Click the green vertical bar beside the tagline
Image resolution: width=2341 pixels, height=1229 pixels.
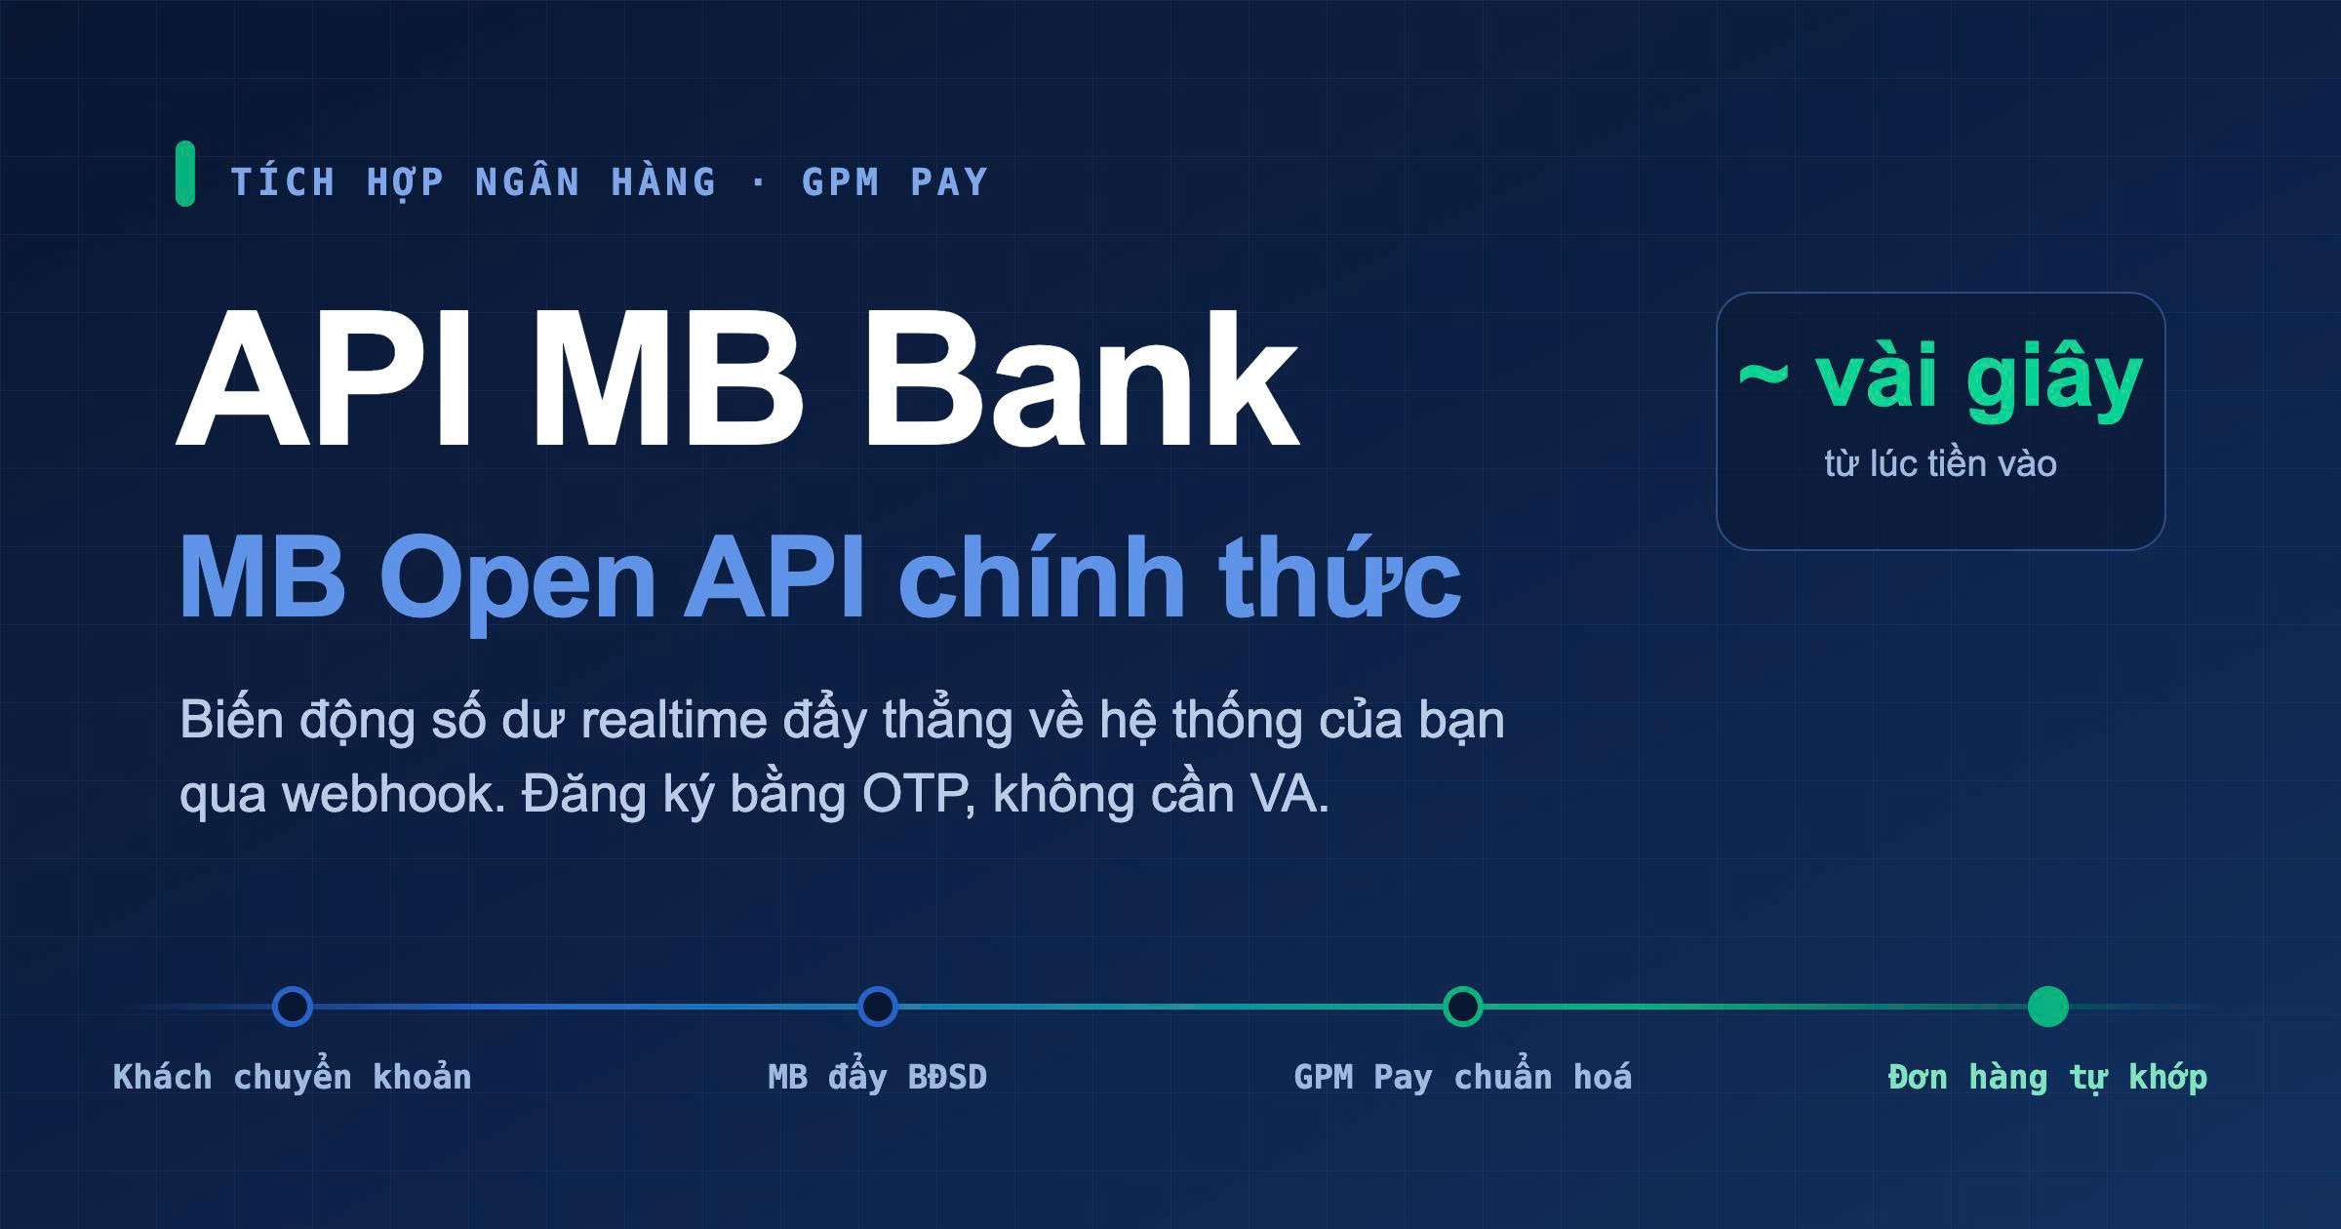pos(185,174)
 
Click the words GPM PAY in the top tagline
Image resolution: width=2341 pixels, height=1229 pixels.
pos(894,182)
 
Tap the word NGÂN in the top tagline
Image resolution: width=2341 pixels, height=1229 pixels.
pos(528,180)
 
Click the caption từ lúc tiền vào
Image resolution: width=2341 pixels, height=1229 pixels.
pos(1940,463)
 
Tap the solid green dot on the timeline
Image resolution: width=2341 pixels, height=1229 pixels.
pos(2048,1007)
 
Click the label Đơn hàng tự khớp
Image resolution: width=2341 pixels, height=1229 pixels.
pos(2047,1078)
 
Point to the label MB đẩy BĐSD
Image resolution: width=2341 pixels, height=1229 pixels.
pos(878,1078)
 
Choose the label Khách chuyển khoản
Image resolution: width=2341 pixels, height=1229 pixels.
pos(293,1077)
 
